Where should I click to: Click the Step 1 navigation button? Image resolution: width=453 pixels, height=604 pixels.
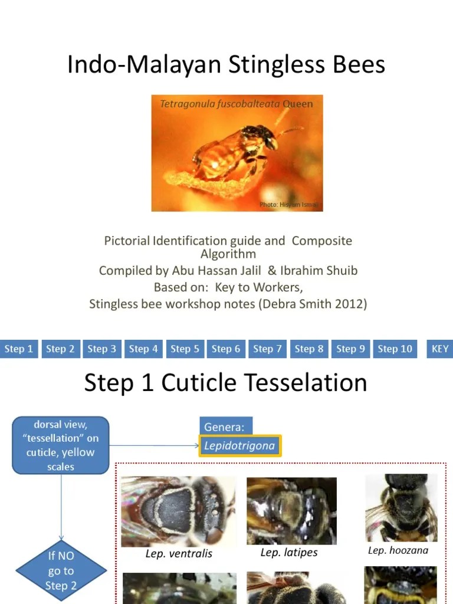(x=19, y=349)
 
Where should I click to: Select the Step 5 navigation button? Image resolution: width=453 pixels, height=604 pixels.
(x=185, y=349)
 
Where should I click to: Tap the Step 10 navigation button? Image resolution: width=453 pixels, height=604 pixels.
(x=395, y=349)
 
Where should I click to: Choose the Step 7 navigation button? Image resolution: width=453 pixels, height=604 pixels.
(x=267, y=349)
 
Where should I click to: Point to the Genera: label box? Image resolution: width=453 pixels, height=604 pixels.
(x=224, y=427)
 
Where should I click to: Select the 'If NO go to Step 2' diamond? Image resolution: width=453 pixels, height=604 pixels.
(x=61, y=570)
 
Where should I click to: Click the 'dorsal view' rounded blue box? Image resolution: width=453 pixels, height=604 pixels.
(x=61, y=445)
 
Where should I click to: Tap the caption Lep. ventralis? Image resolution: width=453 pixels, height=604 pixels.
(x=179, y=554)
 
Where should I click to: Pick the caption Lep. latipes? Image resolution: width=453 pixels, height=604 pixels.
(x=289, y=553)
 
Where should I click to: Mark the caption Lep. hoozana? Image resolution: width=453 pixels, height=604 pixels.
(x=398, y=550)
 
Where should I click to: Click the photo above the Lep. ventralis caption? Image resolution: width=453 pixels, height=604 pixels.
(x=178, y=511)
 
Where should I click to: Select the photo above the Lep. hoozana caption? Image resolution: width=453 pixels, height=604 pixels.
(x=401, y=508)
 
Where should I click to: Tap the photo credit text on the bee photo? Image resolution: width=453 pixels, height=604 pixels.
(x=289, y=205)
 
